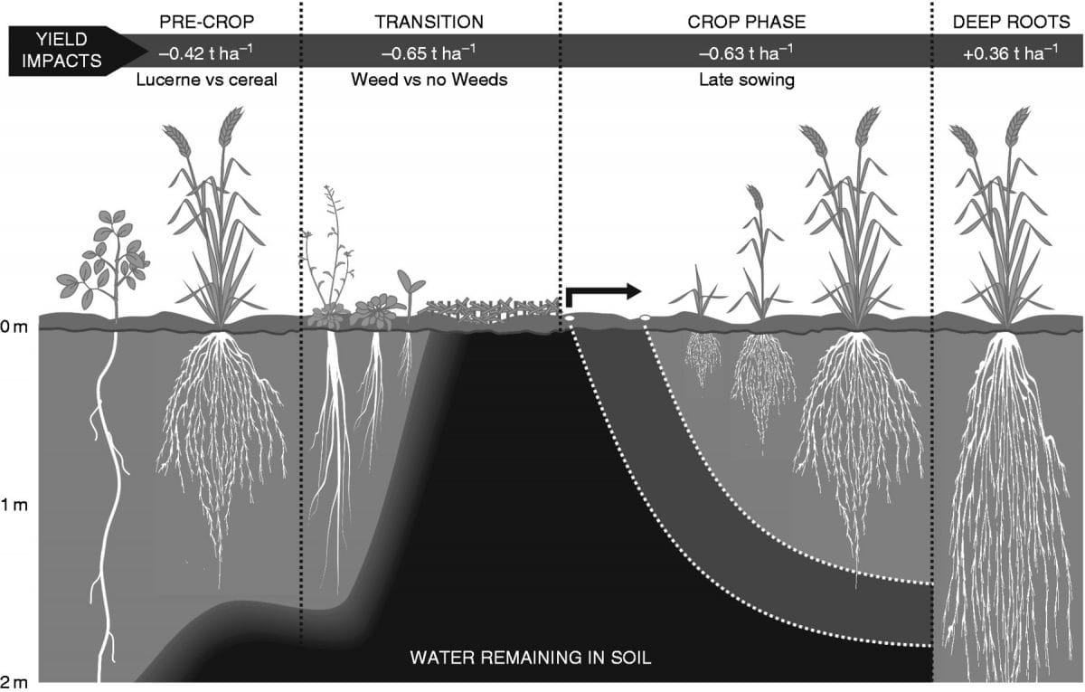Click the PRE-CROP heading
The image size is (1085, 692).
pos(206,22)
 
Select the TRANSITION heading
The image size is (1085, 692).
pos(429,22)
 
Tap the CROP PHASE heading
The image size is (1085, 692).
pos(746,22)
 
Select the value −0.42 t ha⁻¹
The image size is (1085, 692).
pos(206,52)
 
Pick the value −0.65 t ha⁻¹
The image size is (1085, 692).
pos(429,52)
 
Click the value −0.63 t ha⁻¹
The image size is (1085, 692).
pos(746,52)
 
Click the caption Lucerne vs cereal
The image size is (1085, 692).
pos(206,80)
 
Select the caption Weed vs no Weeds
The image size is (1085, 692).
pos(429,80)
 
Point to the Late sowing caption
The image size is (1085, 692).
pos(746,80)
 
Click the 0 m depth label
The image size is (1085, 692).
pos(14,327)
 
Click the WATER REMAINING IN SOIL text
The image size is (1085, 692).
pos(531,657)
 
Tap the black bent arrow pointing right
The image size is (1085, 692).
pos(600,293)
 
